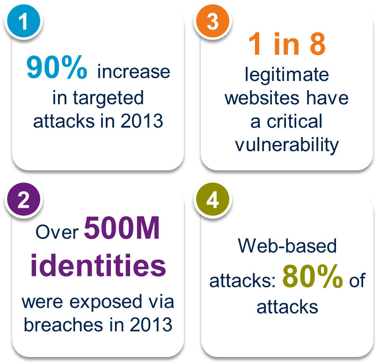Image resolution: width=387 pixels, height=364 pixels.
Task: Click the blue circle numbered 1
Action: pos(24,21)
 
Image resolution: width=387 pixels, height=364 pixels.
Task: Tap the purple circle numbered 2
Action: pos(24,199)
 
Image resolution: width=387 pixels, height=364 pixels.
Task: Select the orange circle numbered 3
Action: pos(212,21)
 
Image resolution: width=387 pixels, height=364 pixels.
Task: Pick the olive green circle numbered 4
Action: pos(212,199)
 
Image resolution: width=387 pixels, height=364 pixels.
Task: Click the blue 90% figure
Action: pos(57,67)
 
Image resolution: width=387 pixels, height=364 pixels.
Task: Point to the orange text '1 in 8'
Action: pos(287,44)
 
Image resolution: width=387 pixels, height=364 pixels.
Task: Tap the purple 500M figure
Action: pos(122,228)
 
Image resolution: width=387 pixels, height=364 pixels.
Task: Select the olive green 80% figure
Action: pos(313,276)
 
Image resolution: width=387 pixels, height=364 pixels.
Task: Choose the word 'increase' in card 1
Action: pos(133,72)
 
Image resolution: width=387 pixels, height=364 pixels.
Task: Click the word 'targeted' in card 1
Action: pos(109,98)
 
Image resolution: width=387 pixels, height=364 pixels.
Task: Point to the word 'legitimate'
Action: pos(287,75)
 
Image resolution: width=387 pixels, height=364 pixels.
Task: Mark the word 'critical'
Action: pos(294,121)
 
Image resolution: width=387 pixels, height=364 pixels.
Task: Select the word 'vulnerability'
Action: pos(287,146)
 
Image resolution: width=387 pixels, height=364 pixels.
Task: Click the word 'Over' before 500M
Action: pos(57,232)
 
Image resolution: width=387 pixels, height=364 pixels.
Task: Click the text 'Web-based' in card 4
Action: pos(287,246)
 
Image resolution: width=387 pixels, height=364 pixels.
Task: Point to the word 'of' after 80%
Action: pos(357,280)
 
